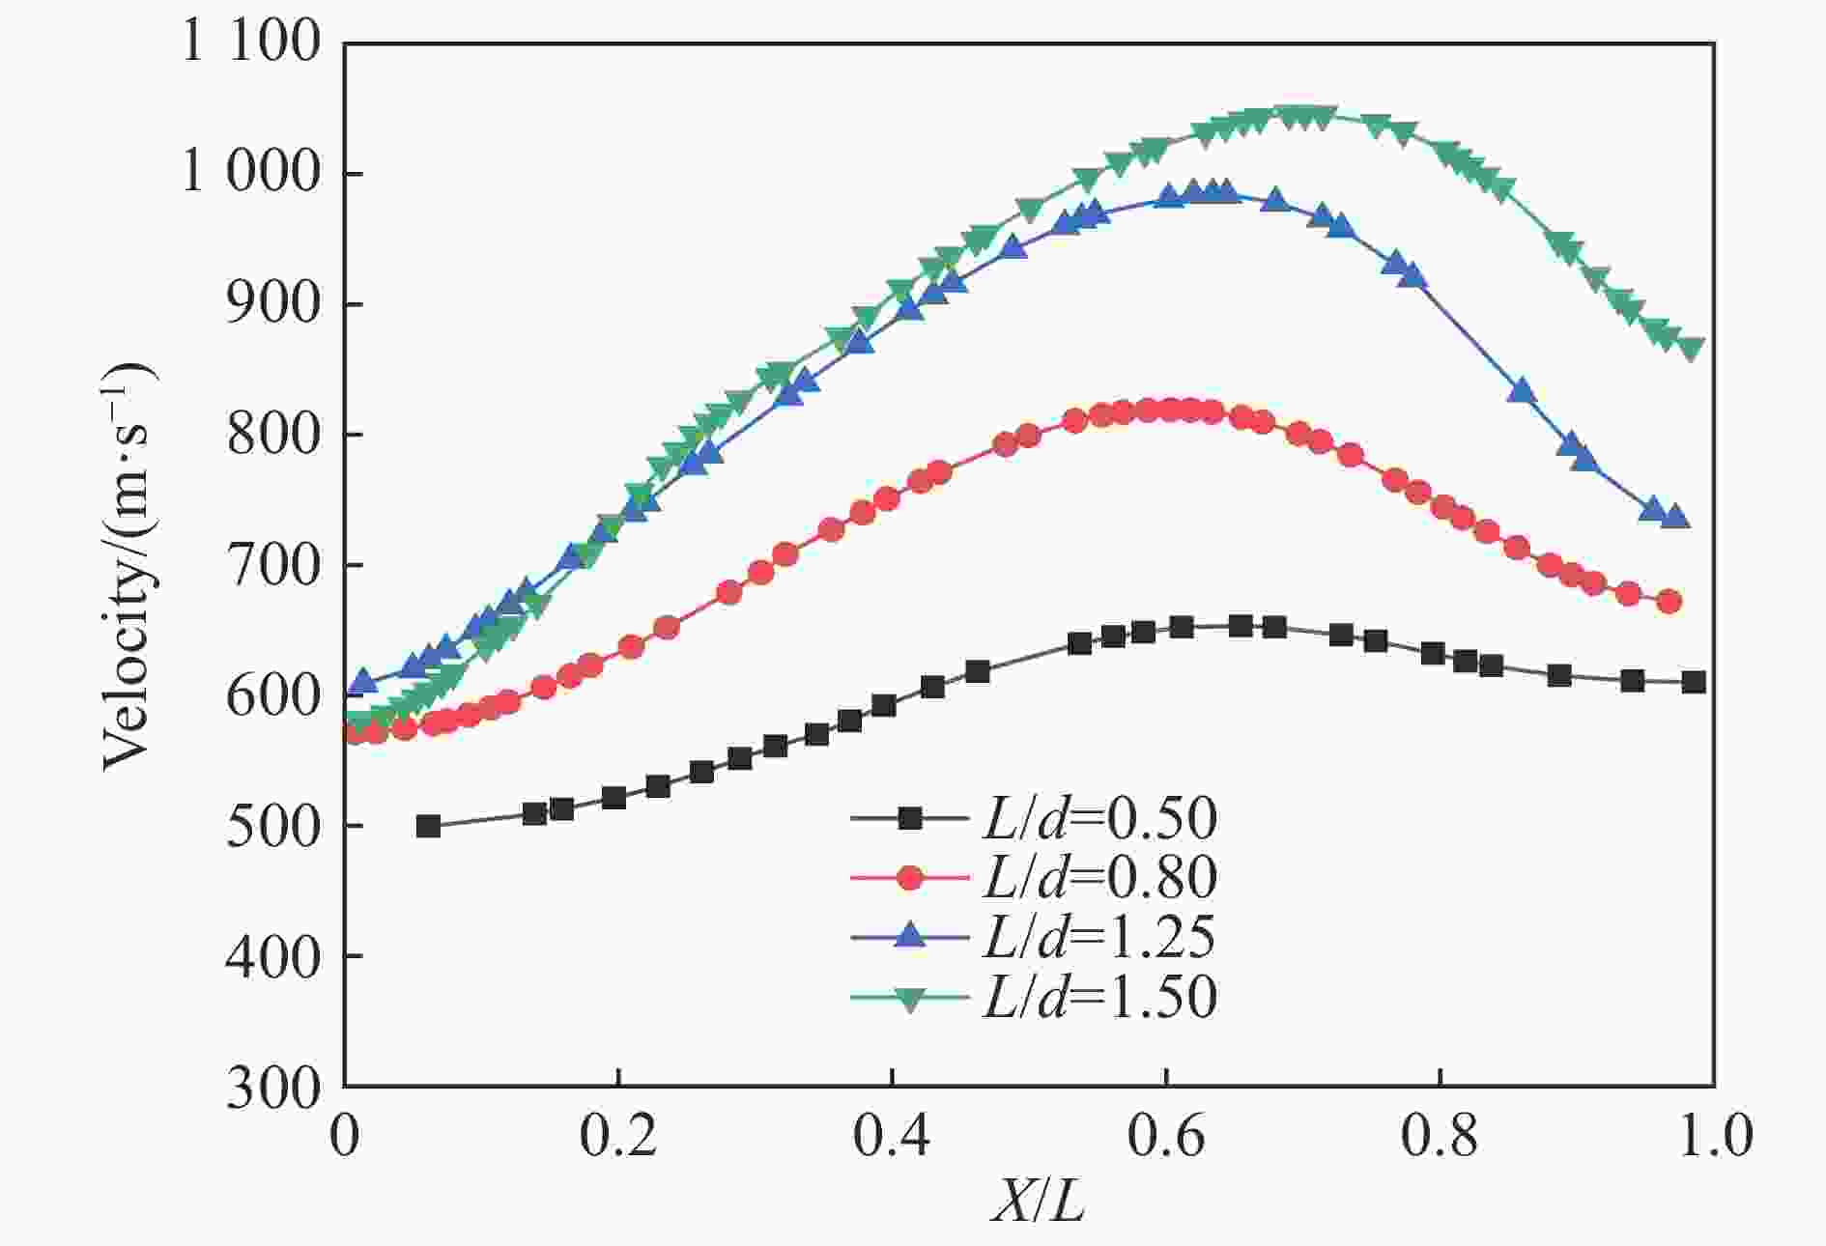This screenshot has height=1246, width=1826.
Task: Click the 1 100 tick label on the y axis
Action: point(250,43)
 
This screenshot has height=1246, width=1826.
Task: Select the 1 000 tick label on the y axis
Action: point(250,174)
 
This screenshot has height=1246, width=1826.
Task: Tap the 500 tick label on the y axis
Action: point(272,827)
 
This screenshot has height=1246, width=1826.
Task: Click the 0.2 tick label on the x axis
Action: point(618,1136)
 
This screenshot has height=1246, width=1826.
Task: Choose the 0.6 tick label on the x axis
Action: point(1166,1136)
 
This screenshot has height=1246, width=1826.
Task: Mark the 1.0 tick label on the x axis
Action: point(1714,1136)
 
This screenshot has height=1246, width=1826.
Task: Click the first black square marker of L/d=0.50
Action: point(428,826)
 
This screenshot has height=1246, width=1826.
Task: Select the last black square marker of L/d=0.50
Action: point(1693,682)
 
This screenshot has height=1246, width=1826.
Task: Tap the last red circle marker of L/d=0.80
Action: point(1669,602)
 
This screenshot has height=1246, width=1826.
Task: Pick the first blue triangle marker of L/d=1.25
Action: point(362,681)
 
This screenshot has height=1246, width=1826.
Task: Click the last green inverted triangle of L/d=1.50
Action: point(1691,349)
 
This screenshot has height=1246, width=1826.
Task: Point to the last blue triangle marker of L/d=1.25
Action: point(1676,517)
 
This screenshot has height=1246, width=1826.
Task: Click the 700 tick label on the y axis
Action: point(272,565)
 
